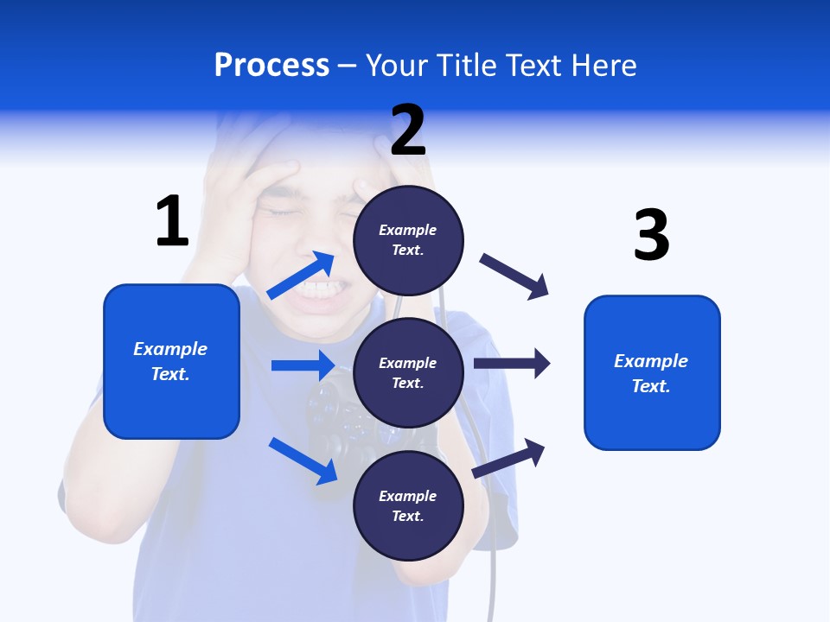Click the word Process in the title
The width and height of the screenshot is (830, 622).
pos(271,66)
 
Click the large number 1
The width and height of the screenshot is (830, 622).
pos(172,222)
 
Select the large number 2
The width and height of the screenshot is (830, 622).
pos(408,130)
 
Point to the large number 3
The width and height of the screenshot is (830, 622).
pos(651,236)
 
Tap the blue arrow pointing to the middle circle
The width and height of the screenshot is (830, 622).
pos(303,365)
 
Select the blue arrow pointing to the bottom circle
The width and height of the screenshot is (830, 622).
pos(303,460)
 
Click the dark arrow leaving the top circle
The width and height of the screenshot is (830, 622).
pos(514,276)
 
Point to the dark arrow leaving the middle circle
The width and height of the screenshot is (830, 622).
pos(512,363)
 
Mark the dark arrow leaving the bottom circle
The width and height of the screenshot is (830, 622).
pos(508,459)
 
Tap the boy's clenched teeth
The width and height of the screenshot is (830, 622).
pos(321,290)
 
